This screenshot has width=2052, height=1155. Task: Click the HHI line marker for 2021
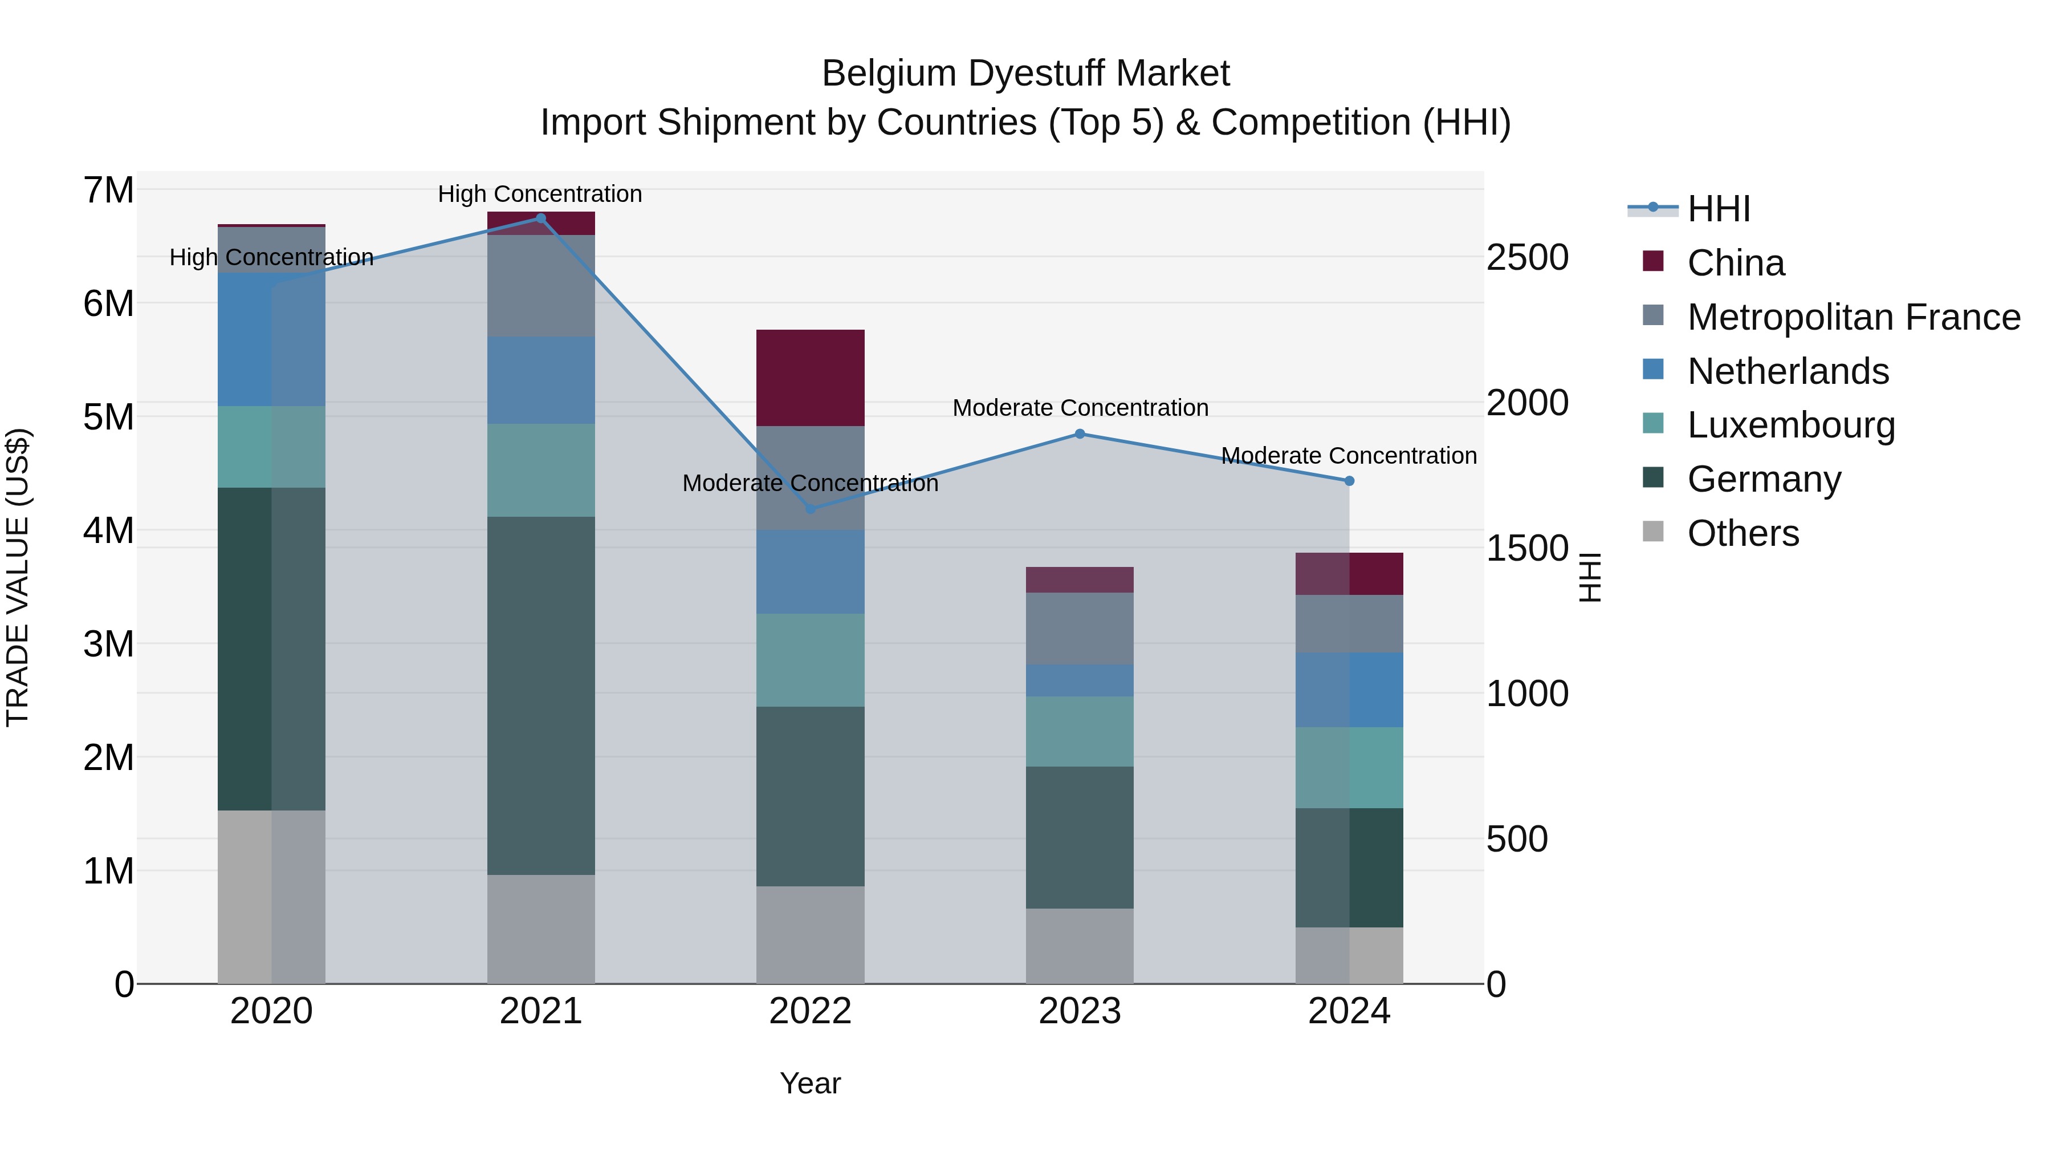coord(541,218)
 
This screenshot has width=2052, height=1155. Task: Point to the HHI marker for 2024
coord(1349,481)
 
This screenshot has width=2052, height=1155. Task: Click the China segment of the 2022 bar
coord(810,378)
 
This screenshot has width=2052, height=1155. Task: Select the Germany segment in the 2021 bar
coord(541,695)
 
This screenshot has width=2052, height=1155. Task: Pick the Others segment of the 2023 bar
coord(1080,946)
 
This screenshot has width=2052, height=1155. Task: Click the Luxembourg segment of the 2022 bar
coord(810,660)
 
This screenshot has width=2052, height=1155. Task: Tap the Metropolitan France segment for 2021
coord(541,285)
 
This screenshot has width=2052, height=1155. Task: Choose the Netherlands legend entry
coord(1788,371)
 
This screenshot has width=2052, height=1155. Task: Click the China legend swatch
coord(1653,261)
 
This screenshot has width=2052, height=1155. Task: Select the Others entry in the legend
coord(1743,533)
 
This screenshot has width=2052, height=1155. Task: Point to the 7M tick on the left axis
coord(108,191)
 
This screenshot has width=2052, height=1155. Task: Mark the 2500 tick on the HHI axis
coord(1527,257)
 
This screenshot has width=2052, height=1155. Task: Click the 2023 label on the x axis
coord(1080,1011)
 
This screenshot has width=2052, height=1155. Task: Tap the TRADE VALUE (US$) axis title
coord(18,577)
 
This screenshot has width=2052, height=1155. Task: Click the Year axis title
coord(810,1083)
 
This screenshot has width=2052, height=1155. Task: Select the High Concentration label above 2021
coord(540,194)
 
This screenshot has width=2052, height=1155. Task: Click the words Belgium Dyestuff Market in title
coord(1025,74)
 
